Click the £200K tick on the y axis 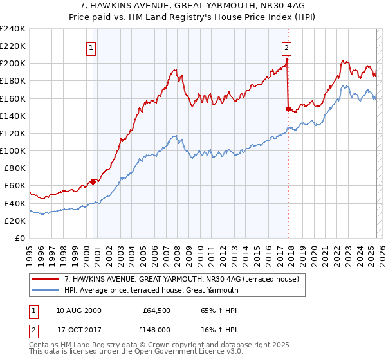13,63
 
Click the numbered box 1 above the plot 91,47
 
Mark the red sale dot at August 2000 93,181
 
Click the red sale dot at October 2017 288,109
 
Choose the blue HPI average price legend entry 151,290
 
